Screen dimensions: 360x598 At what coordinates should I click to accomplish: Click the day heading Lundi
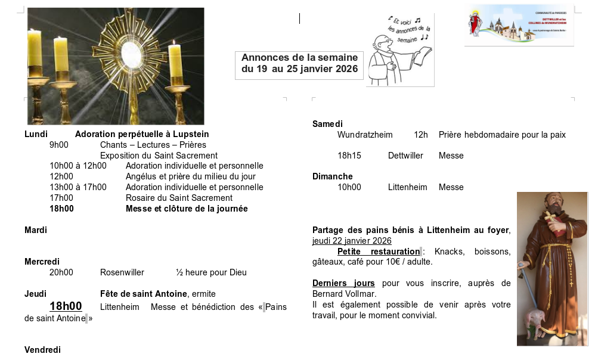pos(36,134)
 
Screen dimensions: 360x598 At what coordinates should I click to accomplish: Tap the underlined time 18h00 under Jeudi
pos(66,306)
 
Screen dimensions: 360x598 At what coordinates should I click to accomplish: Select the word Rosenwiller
pos(122,272)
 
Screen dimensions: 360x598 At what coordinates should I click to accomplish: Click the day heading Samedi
pos(327,124)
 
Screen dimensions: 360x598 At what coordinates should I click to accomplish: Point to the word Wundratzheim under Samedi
pos(365,135)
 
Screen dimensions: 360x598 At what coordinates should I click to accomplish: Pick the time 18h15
pos(349,156)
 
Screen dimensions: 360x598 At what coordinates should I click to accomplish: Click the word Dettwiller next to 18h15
pos(405,156)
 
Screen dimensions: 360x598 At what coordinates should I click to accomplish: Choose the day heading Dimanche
pos(333,176)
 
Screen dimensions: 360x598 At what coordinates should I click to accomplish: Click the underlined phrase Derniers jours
pos(343,283)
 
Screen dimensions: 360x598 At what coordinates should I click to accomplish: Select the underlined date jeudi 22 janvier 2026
pos(352,241)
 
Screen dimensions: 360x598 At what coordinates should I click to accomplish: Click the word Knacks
pos(449,252)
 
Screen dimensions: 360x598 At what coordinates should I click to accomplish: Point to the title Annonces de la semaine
pos(299,57)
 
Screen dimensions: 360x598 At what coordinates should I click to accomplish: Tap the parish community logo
pos(519,24)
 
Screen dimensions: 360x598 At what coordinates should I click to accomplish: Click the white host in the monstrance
pos(132,54)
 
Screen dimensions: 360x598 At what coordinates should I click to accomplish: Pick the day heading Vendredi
pos(42,350)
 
